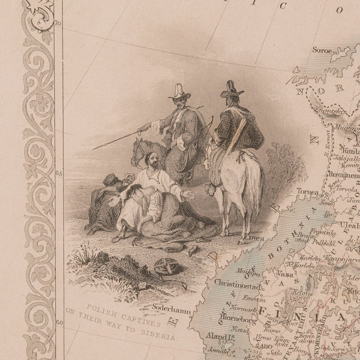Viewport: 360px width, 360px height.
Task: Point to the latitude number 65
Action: tap(59, 173)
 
